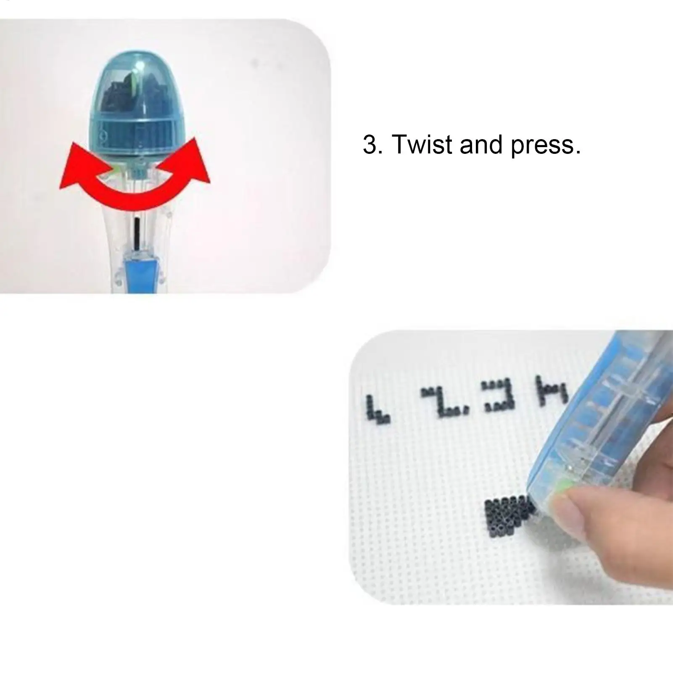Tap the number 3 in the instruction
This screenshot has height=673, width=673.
370,145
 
